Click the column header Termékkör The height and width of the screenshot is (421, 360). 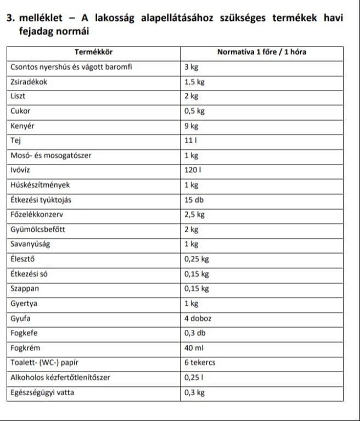coord(94,52)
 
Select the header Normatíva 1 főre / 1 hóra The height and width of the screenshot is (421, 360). coord(262,52)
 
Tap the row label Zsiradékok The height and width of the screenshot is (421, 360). coord(29,82)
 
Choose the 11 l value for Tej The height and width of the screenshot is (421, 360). coord(190,141)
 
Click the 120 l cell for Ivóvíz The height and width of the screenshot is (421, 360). coord(193,170)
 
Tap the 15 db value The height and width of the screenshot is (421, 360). coord(193,200)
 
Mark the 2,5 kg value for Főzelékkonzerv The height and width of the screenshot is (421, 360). coord(194,215)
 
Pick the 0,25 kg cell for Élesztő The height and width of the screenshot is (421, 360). coord(196,259)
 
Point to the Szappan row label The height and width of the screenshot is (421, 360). coord(25,289)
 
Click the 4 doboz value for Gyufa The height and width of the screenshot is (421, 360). coord(198,318)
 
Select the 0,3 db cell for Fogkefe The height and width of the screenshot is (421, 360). coord(194,333)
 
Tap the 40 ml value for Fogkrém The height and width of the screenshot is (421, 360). coord(193,348)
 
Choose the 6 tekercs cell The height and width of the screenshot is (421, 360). coord(200,363)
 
